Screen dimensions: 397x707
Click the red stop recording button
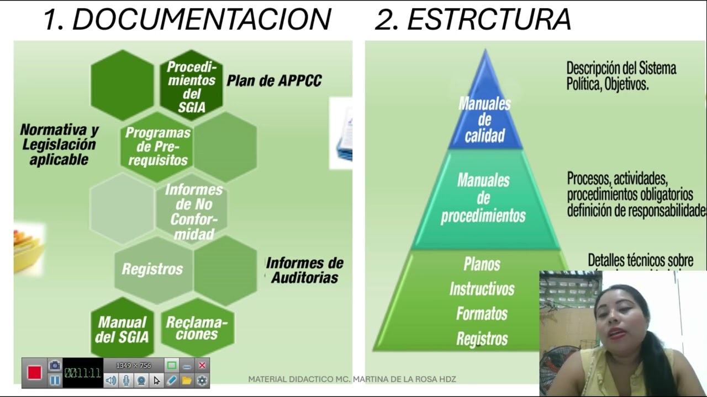(x=34, y=373)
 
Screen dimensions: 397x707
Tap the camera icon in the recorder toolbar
(x=55, y=365)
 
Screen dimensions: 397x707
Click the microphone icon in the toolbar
(x=126, y=380)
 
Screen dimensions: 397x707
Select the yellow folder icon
(x=187, y=380)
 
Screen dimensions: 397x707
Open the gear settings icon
(x=202, y=380)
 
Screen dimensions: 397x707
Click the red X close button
(x=202, y=365)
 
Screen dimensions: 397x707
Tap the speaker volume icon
(x=111, y=380)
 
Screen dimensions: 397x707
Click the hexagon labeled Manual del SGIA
(x=122, y=329)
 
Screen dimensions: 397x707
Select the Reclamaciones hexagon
(x=197, y=328)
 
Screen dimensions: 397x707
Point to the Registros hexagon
(x=152, y=269)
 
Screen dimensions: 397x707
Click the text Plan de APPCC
(x=274, y=81)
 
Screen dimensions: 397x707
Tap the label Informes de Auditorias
(x=304, y=270)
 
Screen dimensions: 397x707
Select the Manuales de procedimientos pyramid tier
(x=483, y=198)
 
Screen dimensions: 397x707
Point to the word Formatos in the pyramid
(x=482, y=314)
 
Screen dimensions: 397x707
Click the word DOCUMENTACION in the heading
(x=202, y=20)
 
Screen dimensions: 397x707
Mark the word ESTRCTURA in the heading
(x=489, y=20)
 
